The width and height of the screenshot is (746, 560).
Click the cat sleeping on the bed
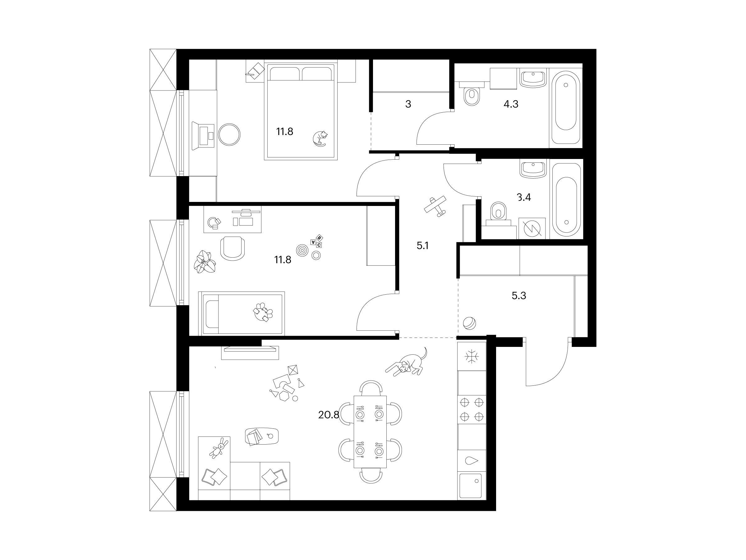[319, 138]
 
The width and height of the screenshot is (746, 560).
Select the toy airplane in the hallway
[435, 206]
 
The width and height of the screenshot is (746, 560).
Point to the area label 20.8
[328, 415]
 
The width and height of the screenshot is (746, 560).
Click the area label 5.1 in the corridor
[422, 246]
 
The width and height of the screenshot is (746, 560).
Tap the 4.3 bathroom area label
[511, 104]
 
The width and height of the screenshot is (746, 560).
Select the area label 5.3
[519, 296]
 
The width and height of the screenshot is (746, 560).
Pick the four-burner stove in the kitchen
[472, 409]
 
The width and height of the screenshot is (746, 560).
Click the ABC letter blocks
[316, 241]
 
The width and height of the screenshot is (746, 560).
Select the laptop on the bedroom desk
[203, 136]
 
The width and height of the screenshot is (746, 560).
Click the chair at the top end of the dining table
[371, 386]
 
